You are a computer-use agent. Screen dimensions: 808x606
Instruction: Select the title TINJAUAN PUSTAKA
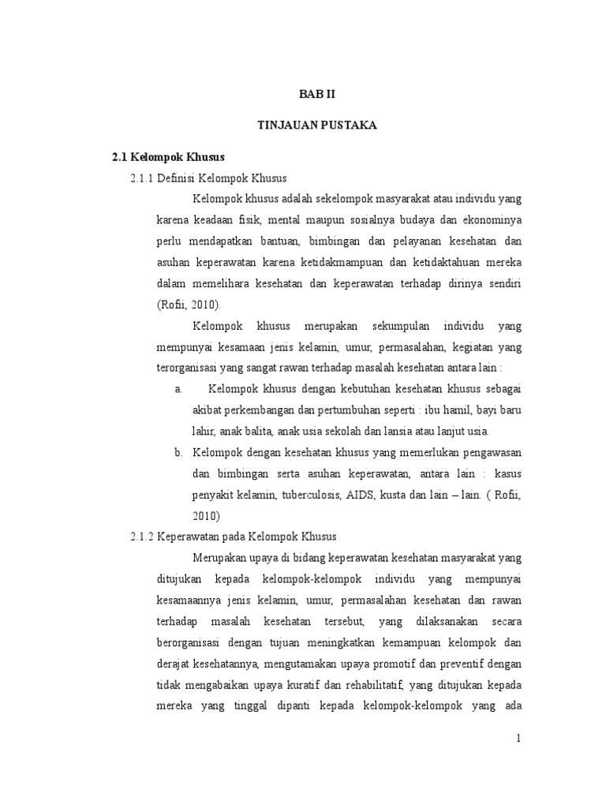[x=318, y=125]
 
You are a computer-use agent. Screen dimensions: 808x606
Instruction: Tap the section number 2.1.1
[x=143, y=178]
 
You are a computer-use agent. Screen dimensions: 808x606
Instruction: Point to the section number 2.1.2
[x=143, y=537]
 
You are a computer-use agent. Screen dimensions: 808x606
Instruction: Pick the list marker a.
[x=178, y=389]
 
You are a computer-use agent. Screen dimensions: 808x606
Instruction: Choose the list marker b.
[x=178, y=453]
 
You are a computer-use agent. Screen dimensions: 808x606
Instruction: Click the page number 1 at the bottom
[x=518, y=738]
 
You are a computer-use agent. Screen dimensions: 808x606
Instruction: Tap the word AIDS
[x=360, y=495]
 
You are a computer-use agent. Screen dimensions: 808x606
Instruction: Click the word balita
[x=253, y=431]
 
